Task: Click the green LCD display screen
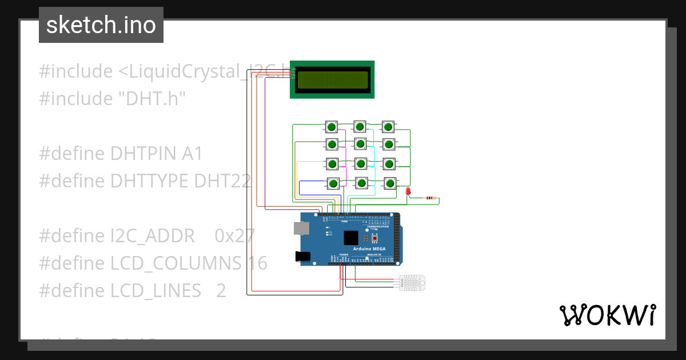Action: click(332, 79)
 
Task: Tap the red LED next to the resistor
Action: click(408, 193)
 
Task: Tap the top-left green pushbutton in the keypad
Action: click(331, 126)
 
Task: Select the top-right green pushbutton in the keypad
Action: click(389, 126)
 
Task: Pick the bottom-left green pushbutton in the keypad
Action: click(333, 183)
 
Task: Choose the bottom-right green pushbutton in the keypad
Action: click(390, 183)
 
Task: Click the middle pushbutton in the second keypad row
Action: click(360, 143)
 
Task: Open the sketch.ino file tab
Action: click(101, 25)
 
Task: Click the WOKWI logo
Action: click(607, 315)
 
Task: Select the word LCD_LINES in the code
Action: click(155, 290)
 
